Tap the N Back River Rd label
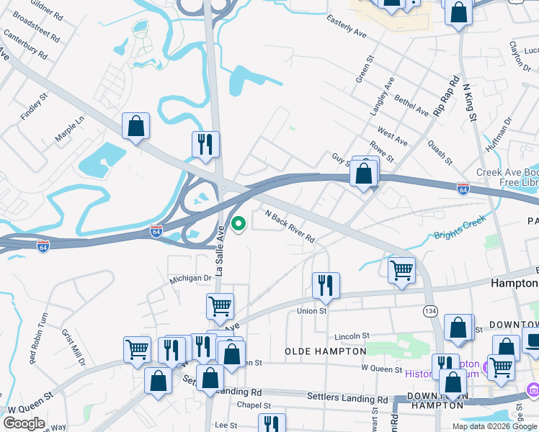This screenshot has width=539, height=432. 290,226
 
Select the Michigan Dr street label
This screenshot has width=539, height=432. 190,278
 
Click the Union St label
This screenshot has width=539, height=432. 312,311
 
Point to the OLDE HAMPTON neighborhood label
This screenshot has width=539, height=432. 326,351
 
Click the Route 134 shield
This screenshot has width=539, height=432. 430,310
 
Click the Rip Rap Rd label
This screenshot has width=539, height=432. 446,94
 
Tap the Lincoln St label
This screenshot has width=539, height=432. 352,336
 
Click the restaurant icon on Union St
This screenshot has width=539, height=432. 326,285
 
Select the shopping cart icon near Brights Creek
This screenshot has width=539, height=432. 401,270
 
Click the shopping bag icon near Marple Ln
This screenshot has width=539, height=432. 135,126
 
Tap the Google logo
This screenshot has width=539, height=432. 24,423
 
